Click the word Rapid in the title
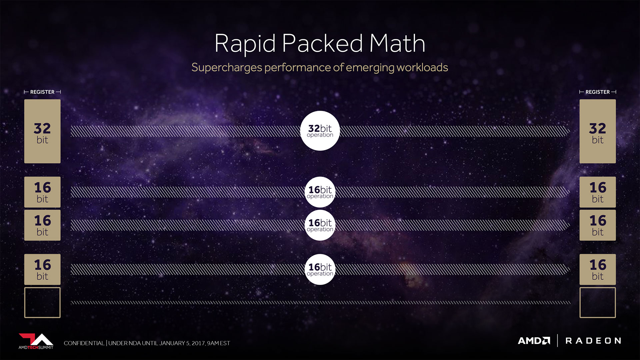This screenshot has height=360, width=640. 245,44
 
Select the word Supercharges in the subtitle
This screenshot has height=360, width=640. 227,68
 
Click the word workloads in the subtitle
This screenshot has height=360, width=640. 422,67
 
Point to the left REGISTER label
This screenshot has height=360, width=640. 42,92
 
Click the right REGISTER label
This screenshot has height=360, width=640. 598,92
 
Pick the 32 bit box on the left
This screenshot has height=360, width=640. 42,131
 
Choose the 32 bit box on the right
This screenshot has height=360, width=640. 598,131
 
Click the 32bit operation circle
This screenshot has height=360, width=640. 320,131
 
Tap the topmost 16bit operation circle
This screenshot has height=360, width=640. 320,192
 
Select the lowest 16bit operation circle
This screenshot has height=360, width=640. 320,269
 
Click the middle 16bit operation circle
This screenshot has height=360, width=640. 320,225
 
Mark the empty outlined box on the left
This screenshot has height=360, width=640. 25,303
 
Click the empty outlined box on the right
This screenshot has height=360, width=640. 580,303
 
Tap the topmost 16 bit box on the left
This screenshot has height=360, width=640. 42,192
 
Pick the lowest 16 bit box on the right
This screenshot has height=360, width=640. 598,269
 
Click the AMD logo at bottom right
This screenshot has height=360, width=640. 534,341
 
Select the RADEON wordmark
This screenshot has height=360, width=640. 593,341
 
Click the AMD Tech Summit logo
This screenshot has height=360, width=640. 36,341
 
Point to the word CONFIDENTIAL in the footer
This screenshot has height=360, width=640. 84,343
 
